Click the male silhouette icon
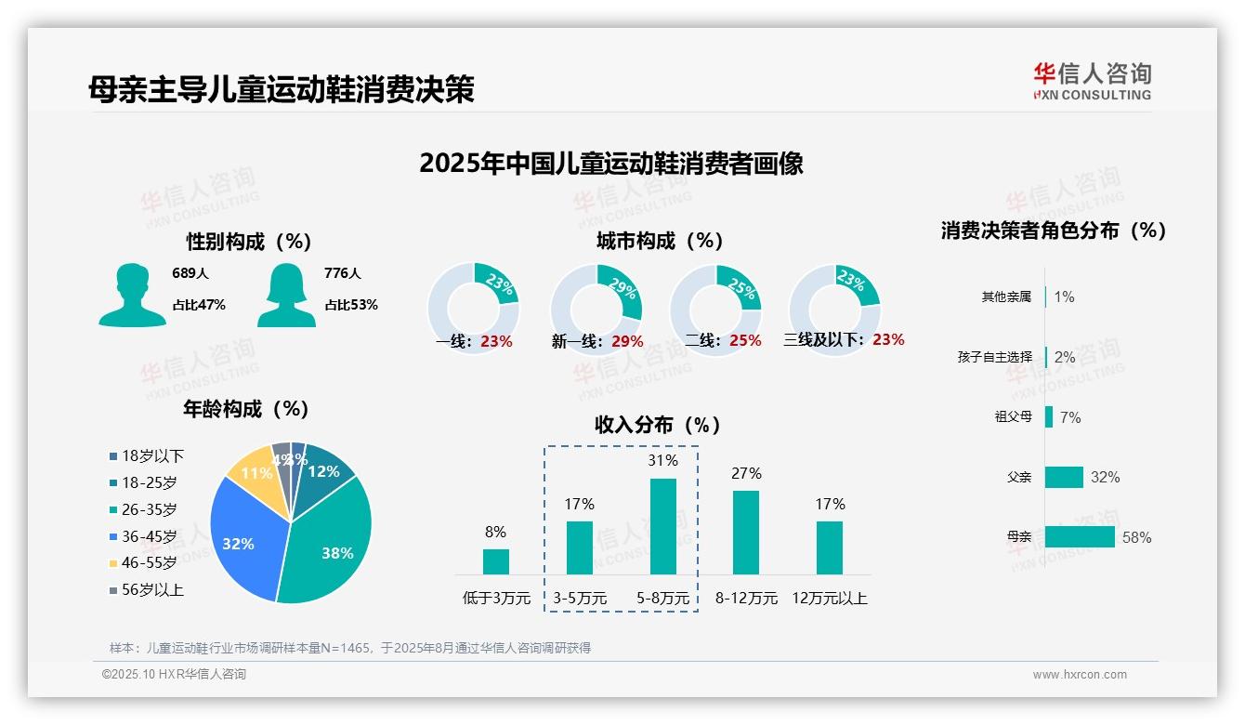(132, 295)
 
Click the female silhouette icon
(286, 295)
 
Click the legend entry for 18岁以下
(147, 455)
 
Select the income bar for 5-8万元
(663, 526)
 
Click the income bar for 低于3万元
(496, 561)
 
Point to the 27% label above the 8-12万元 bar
(746, 473)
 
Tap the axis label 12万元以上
(829, 598)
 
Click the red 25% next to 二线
(745, 340)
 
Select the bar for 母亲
(1080, 536)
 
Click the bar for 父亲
(1064, 477)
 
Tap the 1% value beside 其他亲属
(1064, 297)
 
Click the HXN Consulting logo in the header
(1092, 81)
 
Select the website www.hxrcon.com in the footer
(1080, 675)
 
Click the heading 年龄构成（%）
(246, 409)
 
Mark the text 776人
(343, 273)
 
